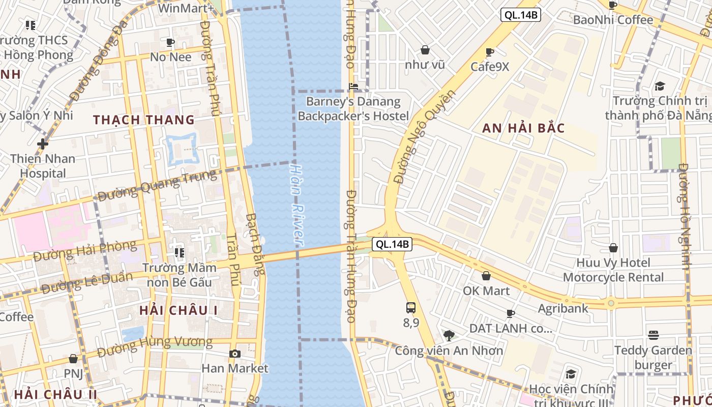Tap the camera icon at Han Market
(x=234, y=354)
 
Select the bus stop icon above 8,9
(x=411, y=308)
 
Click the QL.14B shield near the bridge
(x=392, y=244)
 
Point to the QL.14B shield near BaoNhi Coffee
(x=520, y=15)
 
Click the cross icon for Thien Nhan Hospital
(x=43, y=144)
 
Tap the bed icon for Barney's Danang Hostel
(x=353, y=86)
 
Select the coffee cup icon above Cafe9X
(x=489, y=52)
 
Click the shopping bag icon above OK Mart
(x=486, y=276)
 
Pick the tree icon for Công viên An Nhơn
(x=449, y=335)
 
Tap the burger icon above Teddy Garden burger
(x=654, y=335)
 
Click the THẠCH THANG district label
(x=144, y=120)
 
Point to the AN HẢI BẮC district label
(x=523, y=128)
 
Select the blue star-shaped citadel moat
(x=181, y=148)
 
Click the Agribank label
(x=563, y=308)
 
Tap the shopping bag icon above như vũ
(x=425, y=50)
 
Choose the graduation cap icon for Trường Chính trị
(x=660, y=86)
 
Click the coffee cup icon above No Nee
(x=170, y=42)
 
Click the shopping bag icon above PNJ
(x=73, y=359)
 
